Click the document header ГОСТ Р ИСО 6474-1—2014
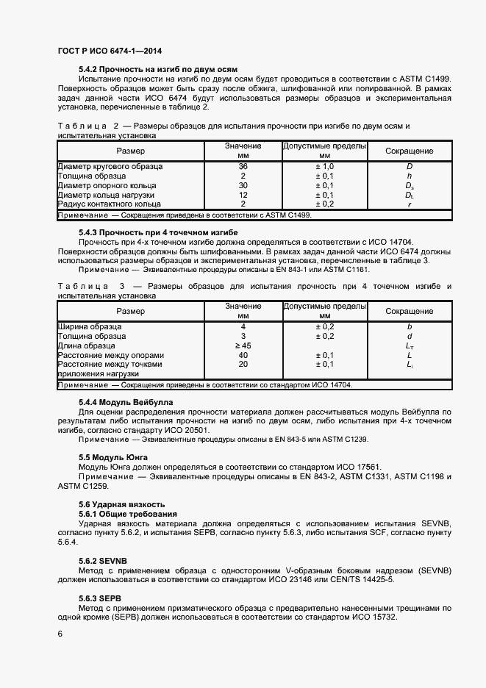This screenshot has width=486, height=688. (x=110, y=51)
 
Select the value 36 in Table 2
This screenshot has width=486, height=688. (x=243, y=167)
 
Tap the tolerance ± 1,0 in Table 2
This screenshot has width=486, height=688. (x=324, y=167)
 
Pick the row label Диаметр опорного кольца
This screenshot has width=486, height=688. (x=107, y=185)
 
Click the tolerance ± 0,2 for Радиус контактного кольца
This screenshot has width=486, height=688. (x=324, y=204)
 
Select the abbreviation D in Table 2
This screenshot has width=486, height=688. (x=410, y=167)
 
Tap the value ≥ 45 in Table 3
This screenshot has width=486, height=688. (x=243, y=345)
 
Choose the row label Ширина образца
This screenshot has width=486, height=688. (x=90, y=326)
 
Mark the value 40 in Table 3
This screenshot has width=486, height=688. (x=243, y=355)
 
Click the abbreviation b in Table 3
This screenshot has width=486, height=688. (x=410, y=326)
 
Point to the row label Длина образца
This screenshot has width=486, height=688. (x=87, y=345)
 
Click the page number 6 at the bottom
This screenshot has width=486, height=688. (x=60, y=633)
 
